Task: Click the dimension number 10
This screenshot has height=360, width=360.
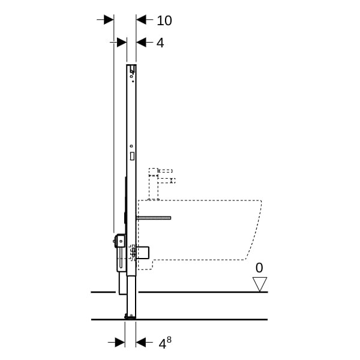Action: tap(164, 20)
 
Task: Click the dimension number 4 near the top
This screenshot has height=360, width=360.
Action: tap(160, 43)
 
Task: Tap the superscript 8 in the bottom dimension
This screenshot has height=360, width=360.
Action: tap(169, 340)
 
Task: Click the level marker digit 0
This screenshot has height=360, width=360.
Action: tap(259, 268)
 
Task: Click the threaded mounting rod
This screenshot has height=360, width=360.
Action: tap(154, 218)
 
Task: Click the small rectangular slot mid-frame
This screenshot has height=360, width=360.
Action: tap(132, 156)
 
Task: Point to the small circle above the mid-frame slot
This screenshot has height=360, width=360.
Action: tap(131, 146)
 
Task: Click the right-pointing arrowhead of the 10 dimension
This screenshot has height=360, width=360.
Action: tap(109, 20)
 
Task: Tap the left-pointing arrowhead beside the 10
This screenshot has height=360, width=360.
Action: tap(141, 20)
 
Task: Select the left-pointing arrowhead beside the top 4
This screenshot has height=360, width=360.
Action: tap(141, 43)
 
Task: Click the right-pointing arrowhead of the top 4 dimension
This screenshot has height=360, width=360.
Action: tap(122, 43)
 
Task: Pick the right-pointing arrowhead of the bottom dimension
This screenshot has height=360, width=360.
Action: tap(120, 343)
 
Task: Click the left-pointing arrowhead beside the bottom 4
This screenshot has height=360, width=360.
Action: tap(141, 343)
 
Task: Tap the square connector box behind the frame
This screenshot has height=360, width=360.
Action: tap(120, 241)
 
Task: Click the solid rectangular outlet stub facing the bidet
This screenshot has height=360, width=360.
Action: tap(143, 253)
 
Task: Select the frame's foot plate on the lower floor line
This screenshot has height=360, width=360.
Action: tap(130, 317)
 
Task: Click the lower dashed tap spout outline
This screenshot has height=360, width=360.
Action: tap(167, 181)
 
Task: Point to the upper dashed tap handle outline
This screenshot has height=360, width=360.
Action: tap(166, 171)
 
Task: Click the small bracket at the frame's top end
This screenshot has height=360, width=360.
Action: tap(132, 68)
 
